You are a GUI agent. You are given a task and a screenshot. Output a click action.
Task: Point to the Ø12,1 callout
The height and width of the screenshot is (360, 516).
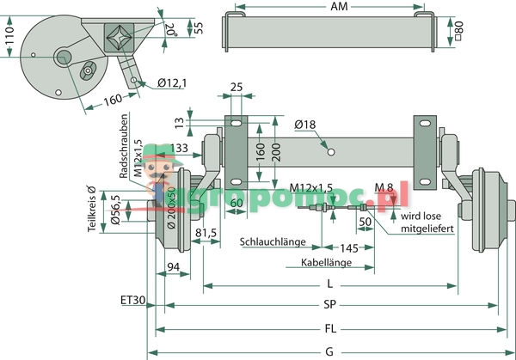pyautogui.click(x=171, y=83)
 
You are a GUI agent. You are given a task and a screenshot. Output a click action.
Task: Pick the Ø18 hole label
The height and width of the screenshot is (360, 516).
pyautogui.click(x=304, y=125)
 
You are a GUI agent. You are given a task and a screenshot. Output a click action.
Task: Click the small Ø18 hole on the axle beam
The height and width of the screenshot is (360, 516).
pyautogui.click(x=330, y=155)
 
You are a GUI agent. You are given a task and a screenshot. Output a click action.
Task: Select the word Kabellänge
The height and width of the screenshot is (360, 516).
pyautogui.click(x=327, y=262)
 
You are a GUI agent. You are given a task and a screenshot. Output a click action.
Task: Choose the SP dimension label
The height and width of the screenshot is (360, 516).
pyautogui.click(x=330, y=303)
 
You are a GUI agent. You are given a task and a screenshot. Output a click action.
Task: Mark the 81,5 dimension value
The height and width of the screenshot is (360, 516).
pyautogui.click(x=206, y=232)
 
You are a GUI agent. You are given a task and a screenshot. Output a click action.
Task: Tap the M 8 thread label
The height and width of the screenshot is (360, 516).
pyautogui.click(x=385, y=187)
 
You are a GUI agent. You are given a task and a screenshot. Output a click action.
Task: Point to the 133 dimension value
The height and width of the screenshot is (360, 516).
pyautogui.click(x=180, y=148)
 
